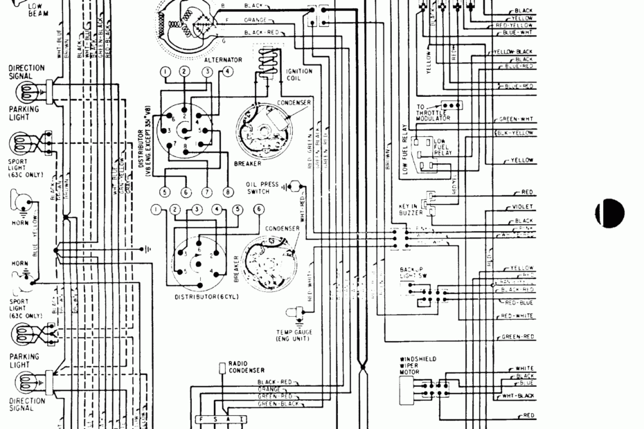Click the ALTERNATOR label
tap(223, 60)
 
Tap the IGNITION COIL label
tap(299, 74)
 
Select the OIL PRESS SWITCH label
tap(262, 188)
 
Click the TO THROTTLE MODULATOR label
tap(433, 113)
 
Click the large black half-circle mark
tap(610, 212)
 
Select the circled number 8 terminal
tap(228, 192)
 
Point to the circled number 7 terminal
tap(206, 192)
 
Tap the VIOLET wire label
tap(523, 207)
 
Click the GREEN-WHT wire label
tap(517, 119)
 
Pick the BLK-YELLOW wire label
tap(517, 132)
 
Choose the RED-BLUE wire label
tap(519, 303)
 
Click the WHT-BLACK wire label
tap(519, 395)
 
